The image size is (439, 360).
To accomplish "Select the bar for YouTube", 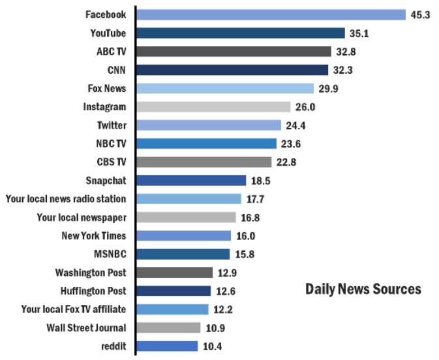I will tap(241, 33).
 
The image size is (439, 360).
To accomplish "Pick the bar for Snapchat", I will tap(192, 181).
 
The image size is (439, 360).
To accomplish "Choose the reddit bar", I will tap(167, 346).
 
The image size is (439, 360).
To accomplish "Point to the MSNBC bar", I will tap(183, 254).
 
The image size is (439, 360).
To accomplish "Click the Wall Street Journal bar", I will tap(169, 328).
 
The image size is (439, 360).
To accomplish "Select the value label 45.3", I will tap(420, 14).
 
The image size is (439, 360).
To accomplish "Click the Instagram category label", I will tap(104, 107).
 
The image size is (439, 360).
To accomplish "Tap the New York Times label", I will tap(93, 236).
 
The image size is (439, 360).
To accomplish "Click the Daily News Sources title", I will tap(363, 289).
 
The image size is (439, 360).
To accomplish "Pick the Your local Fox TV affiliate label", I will tap(74, 309).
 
